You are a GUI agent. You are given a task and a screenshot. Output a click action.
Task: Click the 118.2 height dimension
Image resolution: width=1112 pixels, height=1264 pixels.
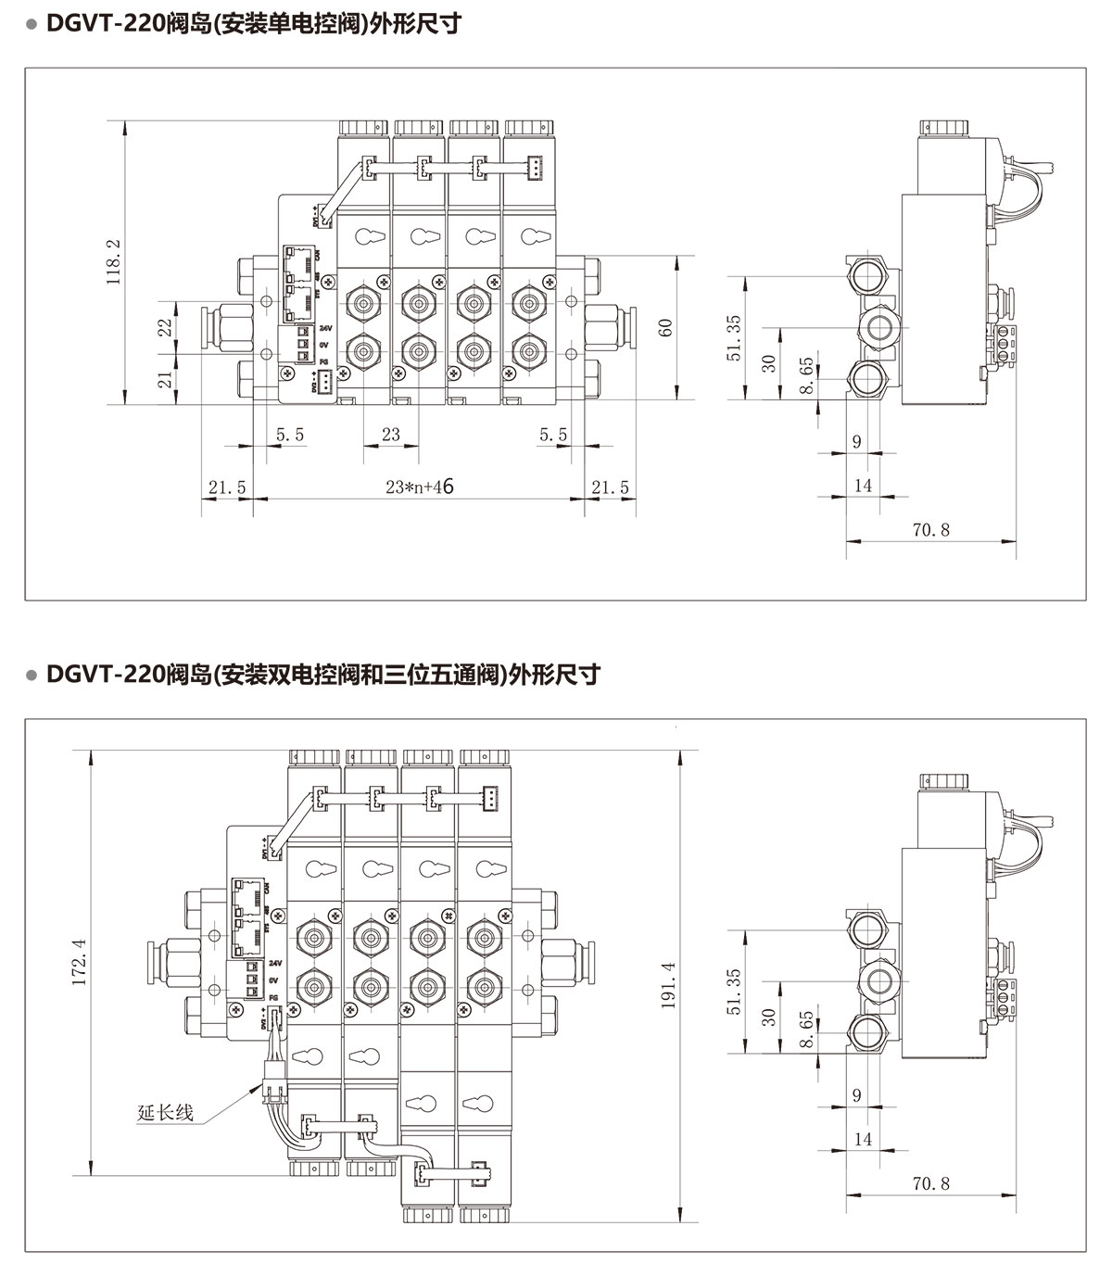113,263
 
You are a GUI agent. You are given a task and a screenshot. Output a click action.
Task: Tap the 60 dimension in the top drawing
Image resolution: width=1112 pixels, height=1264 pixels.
665,327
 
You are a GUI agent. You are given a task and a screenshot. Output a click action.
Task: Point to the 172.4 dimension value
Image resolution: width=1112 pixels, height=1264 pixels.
80,962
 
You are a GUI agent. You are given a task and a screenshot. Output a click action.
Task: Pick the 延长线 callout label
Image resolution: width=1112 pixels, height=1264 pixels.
165,1112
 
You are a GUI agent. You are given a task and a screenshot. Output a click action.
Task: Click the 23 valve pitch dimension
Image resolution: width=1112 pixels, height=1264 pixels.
390,435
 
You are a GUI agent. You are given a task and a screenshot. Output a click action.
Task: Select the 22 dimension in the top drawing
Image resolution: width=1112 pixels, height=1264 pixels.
165,327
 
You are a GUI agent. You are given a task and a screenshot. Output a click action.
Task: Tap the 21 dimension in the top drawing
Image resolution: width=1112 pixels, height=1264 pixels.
165,378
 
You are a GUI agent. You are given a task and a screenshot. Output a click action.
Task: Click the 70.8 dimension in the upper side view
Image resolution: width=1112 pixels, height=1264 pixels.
930,530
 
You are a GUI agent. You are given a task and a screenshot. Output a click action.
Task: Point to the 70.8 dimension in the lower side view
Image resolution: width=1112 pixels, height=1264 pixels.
930,1183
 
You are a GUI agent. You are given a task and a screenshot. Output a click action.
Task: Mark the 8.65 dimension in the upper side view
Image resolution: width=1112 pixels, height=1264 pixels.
807,376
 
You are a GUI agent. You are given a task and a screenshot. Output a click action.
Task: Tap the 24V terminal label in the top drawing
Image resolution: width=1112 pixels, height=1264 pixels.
324,329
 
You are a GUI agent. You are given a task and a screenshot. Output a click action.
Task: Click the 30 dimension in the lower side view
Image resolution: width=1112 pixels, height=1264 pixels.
768,1018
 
